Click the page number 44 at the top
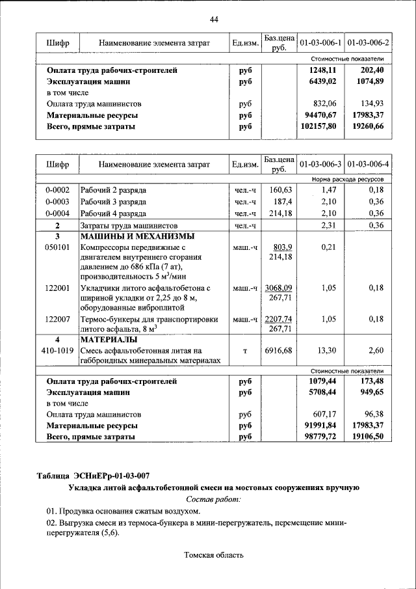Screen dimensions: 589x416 (x=214, y=20)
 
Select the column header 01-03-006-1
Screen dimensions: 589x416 (x=320, y=43)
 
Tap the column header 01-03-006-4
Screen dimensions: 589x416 (x=368, y=164)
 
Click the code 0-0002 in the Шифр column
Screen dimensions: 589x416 (x=57, y=190)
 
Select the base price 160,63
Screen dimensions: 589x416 (x=281, y=190)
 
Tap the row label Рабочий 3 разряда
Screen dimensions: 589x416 (x=113, y=202)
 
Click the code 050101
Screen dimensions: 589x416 (x=57, y=248)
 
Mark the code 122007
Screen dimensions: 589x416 (x=57, y=320)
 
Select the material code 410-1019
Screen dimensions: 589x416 (x=57, y=351)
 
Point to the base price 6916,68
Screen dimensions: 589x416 (x=279, y=351)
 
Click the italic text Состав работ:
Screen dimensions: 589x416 (x=213, y=499)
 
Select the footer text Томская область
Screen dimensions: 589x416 (x=214, y=555)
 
